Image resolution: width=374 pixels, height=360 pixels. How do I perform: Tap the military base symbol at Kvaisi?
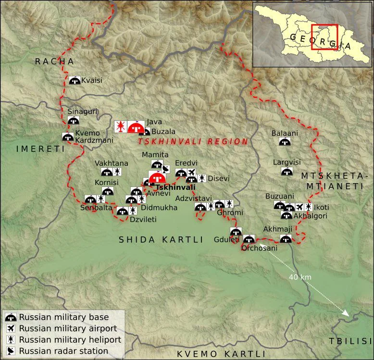(x=75, y=81)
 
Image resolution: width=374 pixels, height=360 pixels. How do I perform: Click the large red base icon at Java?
(x=136, y=127)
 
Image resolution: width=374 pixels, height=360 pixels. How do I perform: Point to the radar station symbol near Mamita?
(x=166, y=169)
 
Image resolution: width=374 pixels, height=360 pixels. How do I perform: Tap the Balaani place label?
(x=285, y=133)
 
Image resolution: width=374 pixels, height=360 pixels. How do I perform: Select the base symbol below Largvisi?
(x=287, y=172)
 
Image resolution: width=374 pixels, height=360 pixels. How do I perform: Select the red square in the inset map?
(x=324, y=37)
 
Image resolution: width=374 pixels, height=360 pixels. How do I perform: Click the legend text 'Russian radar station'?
(x=63, y=351)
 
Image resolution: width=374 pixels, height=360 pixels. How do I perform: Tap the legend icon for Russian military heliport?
(x=10, y=340)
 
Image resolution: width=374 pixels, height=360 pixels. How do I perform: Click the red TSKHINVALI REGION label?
(x=193, y=142)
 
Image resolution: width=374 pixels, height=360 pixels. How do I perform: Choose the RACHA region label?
(x=54, y=62)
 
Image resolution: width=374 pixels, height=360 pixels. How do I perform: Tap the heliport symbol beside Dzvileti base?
(x=133, y=211)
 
